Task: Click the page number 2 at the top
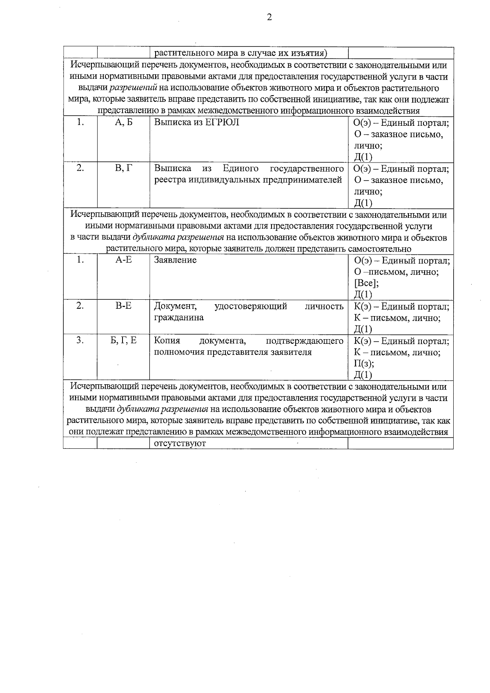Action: [269, 17]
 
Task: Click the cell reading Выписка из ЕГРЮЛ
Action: [197, 122]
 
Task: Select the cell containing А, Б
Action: [124, 122]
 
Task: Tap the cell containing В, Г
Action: [124, 168]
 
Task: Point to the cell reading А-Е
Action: [123, 260]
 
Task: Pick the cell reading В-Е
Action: [123, 305]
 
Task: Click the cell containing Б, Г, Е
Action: [123, 340]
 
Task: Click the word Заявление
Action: [175, 260]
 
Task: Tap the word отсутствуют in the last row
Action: [180, 443]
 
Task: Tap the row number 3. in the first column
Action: [80, 340]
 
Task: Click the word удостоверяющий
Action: [251, 306]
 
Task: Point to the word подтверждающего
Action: [304, 341]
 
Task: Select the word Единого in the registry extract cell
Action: [241, 168]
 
